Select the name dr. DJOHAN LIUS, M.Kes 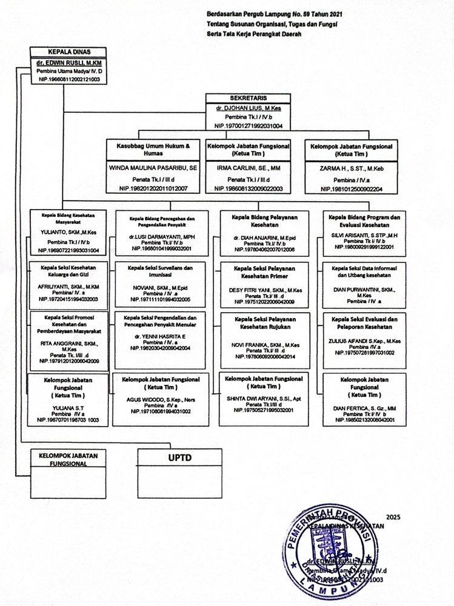point(248,107)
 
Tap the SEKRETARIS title point(248,98)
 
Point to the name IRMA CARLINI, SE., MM point(248,165)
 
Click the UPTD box point(179,458)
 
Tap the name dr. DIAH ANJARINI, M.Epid point(264,238)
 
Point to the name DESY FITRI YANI point(264,290)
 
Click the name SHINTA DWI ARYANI point(264,399)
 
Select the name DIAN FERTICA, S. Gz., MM point(364,408)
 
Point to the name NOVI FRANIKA point(264,345)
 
